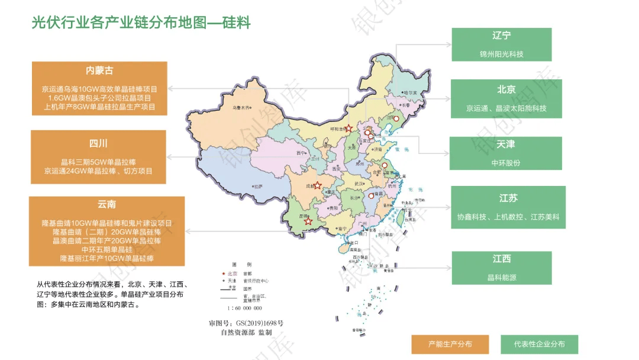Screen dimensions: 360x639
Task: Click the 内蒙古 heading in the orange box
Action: click(99, 71)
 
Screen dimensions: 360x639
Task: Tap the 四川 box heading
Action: click(99, 144)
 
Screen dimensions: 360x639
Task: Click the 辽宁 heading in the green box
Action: click(501, 36)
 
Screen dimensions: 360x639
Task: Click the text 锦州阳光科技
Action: click(501, 54)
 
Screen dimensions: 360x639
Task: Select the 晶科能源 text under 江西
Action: click(501, 277)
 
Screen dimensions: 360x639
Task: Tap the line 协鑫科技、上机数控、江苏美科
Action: click(508, 217)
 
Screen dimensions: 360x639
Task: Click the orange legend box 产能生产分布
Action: click(450, 344)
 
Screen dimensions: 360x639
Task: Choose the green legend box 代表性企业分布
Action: click(539, 344)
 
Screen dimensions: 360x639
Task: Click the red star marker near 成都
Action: click(317, 185)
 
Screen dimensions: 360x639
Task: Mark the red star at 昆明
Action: click(308, 221)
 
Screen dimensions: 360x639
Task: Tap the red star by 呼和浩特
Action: click(348, 128)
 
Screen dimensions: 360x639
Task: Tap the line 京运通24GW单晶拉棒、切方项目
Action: click(99, 171)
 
